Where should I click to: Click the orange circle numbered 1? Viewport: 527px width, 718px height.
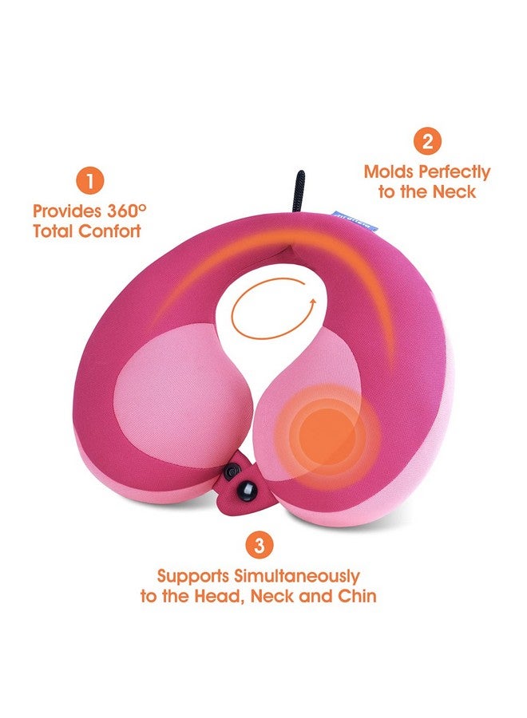(89, 180)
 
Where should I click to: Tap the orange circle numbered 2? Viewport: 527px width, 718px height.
(427, 141)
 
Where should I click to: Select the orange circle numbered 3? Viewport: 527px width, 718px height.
(260, 546)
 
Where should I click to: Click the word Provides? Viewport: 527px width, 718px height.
(66, 211)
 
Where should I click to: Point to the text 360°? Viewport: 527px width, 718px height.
(128, 211)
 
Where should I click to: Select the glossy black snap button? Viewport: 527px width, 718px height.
(246, 491)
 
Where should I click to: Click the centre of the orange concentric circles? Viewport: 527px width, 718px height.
(327, 432)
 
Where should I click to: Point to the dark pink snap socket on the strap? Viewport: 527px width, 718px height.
(232, 471)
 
